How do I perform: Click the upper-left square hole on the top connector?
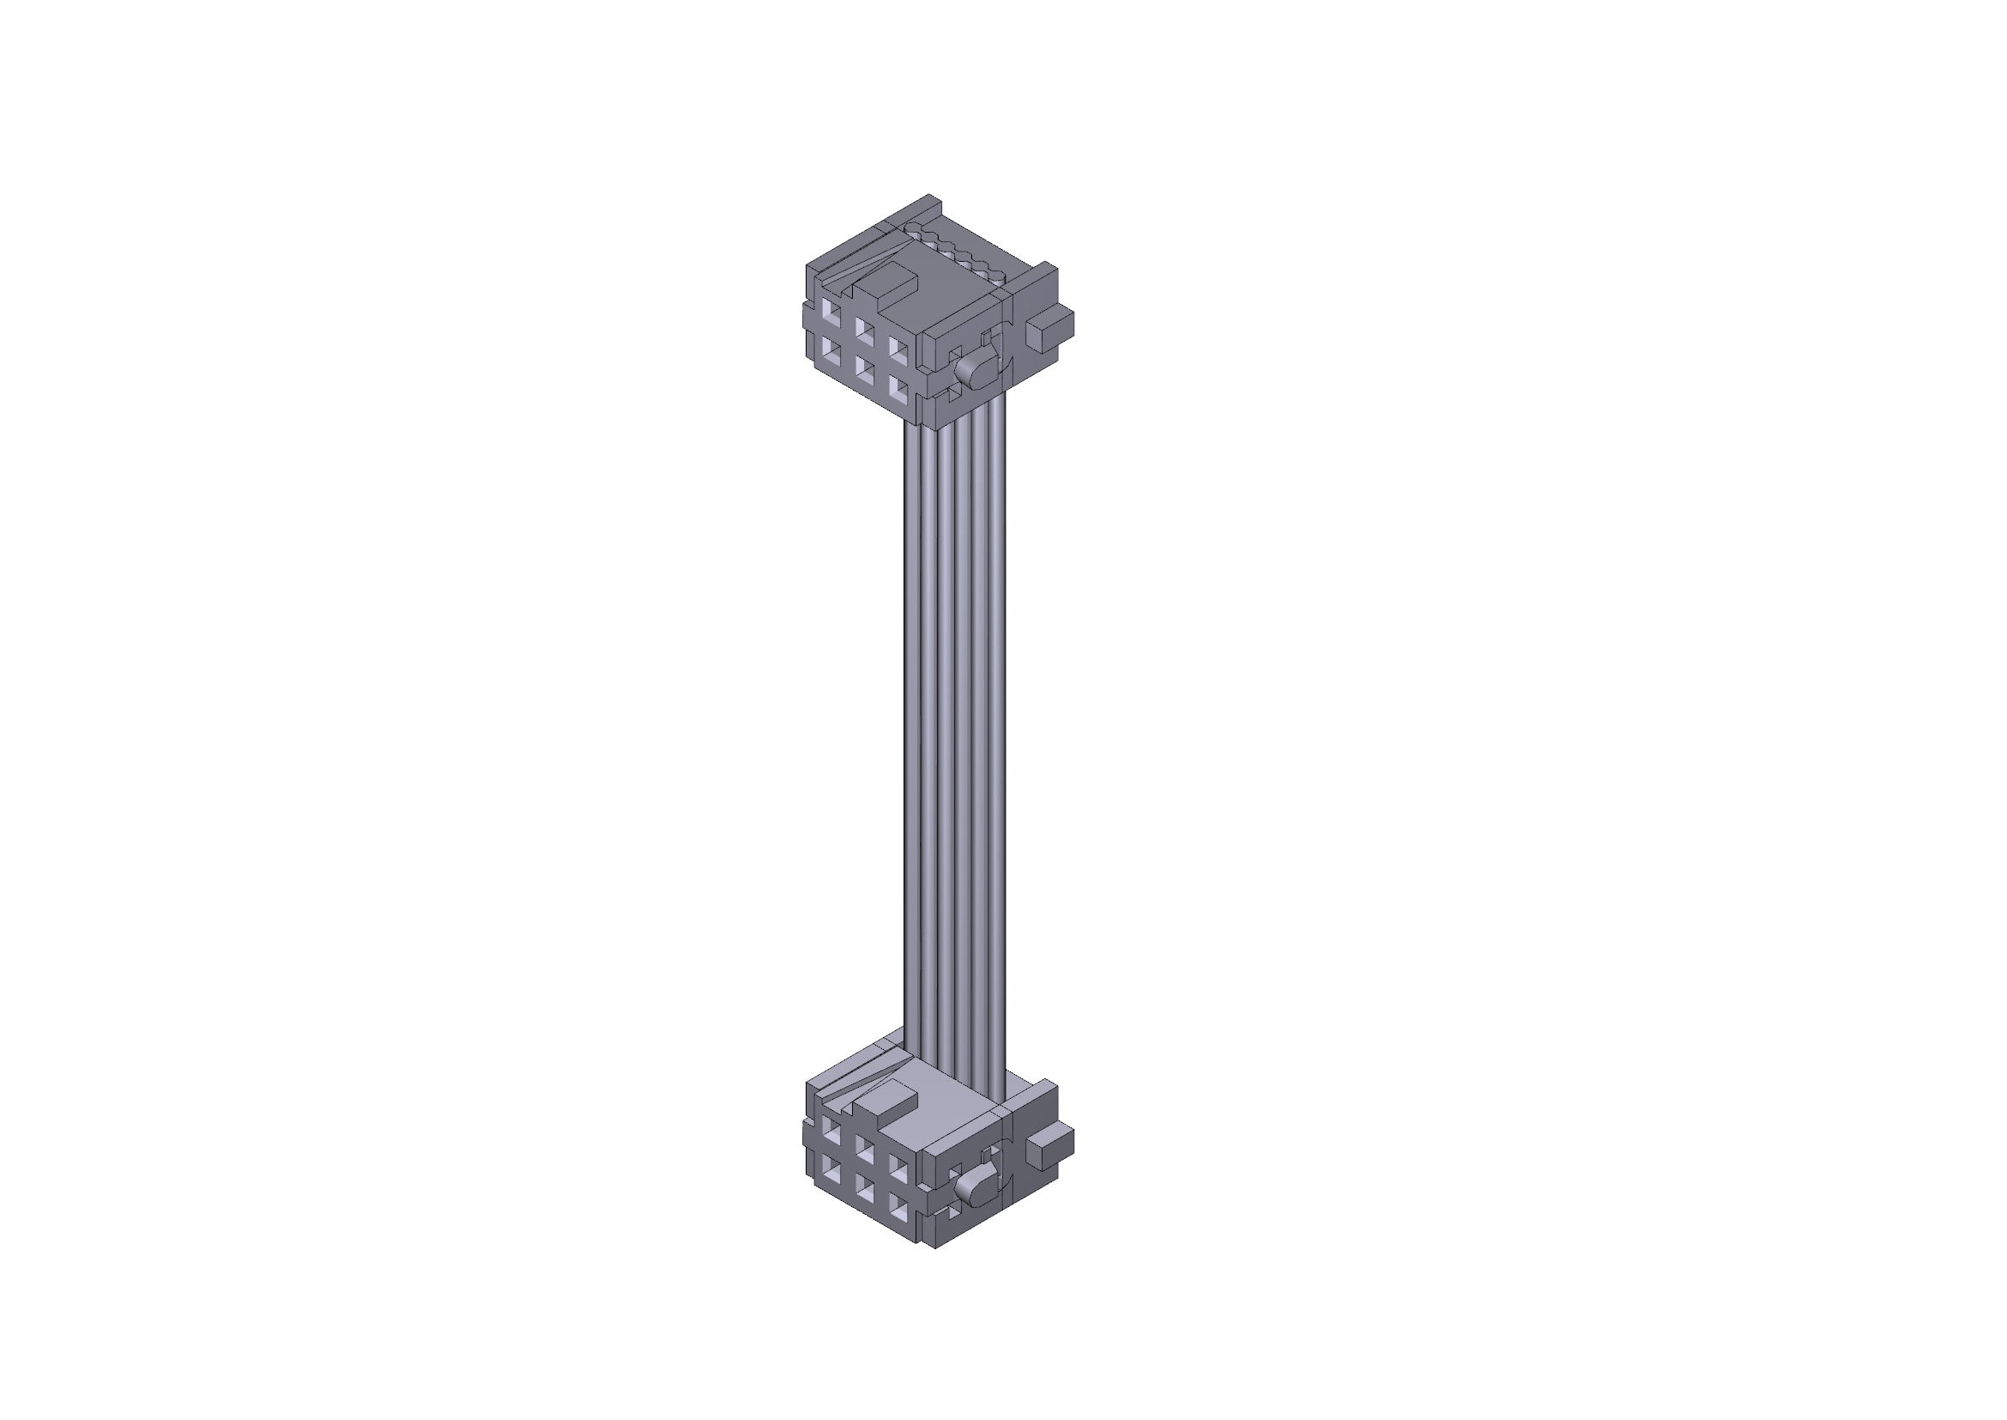[831, 311]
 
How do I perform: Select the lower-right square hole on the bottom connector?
[898, 1208]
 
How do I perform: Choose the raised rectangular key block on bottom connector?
[885, 1105]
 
